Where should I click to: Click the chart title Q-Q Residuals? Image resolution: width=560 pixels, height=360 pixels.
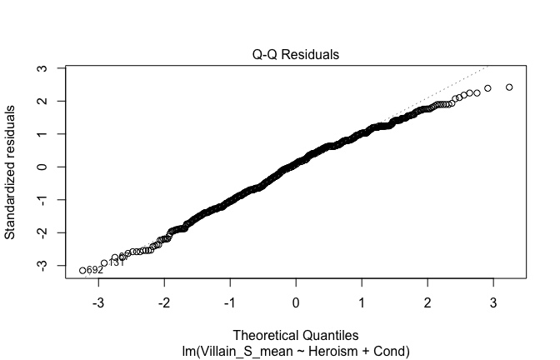[296, 55]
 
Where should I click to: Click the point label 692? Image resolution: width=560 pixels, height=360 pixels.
[94, 270]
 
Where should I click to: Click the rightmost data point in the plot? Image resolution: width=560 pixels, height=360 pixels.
[509, 87]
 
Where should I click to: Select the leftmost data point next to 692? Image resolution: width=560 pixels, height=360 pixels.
[82, 270]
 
